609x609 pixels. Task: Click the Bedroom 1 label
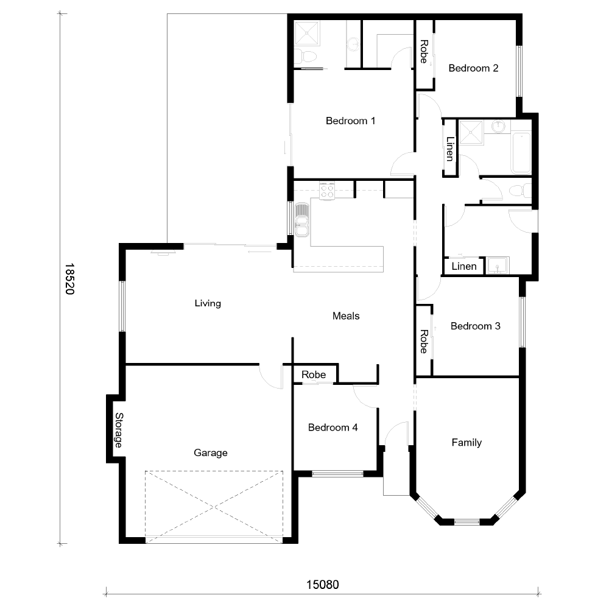(350, 121)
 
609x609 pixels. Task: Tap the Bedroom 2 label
(473, 68)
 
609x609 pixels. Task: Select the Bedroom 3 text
(476, 326)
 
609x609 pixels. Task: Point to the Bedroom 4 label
(333, 428)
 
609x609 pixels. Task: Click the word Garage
(211, 453)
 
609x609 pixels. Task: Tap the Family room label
(466, 442)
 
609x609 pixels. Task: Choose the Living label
(208, 303)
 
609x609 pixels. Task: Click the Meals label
(346, 315)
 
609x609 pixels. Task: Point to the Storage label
(119, 430)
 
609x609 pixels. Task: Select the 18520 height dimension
(69, 279)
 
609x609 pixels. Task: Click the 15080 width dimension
(322, 584)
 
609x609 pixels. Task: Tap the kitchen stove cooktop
(327, 190)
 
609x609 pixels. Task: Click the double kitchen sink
(302, 219)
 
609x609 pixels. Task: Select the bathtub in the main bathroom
(521, 153)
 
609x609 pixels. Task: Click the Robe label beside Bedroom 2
(424, 52)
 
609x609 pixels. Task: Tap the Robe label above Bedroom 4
(314, 375)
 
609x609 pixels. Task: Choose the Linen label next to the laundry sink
(464, 267)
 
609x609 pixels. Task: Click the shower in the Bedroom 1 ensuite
(307, 33)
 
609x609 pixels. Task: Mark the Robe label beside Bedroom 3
(424, 342)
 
